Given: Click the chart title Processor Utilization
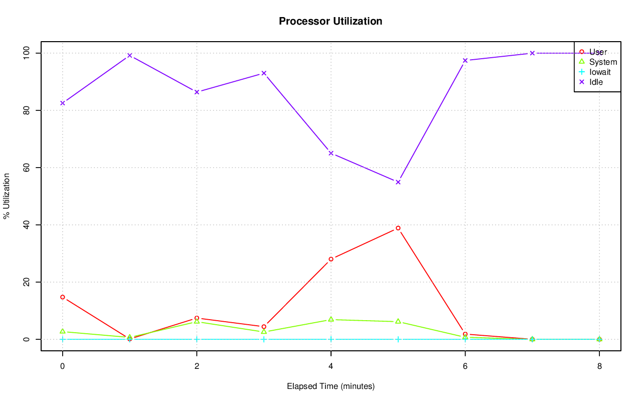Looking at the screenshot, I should pos(331,21).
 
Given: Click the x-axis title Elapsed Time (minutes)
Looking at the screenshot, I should pos(331,386).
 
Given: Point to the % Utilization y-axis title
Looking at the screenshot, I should pos(7,196).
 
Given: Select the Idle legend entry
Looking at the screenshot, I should pos(596,82).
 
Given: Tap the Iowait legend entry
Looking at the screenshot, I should pos(600,72).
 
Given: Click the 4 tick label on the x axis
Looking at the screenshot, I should pos(331,366).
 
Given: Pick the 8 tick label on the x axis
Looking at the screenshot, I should pos(599,366).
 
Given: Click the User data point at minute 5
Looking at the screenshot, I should pos(398,228).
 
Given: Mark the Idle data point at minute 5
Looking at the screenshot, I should pos(398,182).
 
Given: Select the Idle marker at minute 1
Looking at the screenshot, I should pos(129,55).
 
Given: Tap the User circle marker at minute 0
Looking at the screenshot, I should pos(63,297).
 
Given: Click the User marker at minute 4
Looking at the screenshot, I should pos(331,259).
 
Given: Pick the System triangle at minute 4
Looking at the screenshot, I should pos(331,319).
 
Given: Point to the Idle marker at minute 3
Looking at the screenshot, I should pos(264,73).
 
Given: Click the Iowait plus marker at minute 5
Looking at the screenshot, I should pos(398,339).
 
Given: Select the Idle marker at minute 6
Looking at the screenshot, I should pos(465,60).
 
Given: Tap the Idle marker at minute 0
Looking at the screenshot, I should pos(63,103).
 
